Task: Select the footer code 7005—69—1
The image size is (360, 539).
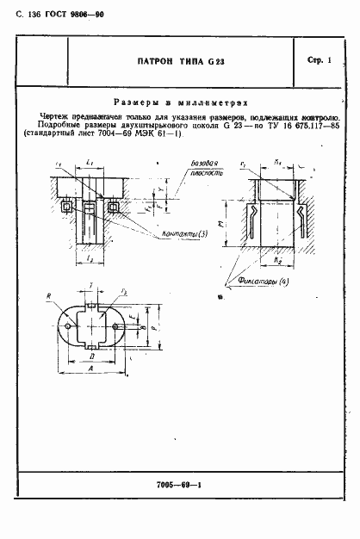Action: tap(178, 511)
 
